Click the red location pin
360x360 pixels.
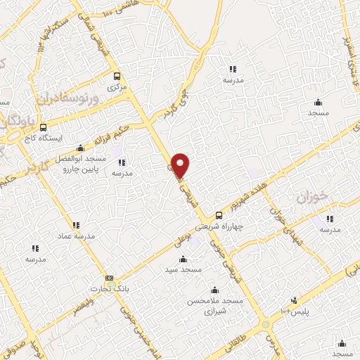pos(181,165)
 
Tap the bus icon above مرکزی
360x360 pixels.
pos(117,77)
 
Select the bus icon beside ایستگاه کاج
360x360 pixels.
pos(44,128)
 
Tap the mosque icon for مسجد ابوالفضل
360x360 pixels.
pos(80,147)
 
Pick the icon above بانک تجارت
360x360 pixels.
pos(108,278)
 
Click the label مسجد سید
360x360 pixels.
pos(184,269)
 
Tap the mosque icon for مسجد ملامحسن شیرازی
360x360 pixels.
pos(214,290)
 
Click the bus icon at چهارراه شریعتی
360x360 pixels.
pos(219,215)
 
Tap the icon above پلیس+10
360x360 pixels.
pos(294,300)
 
